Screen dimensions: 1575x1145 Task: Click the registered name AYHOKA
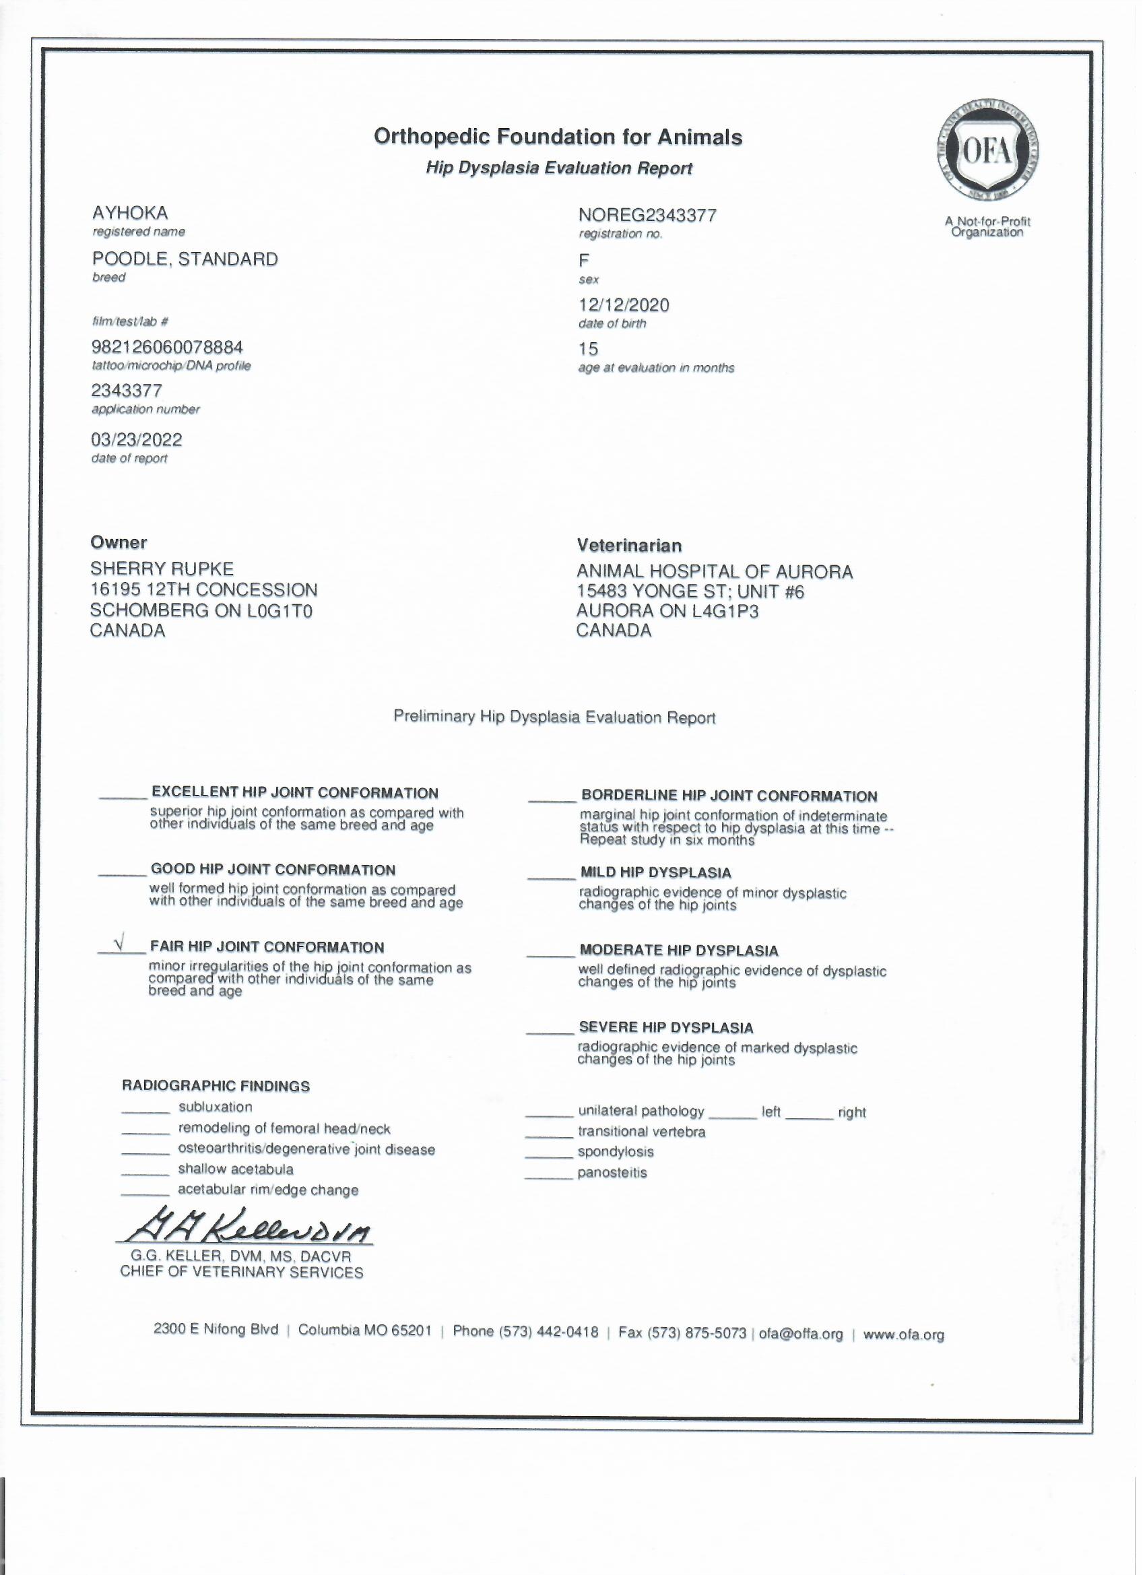pyautogui.click(x=130, y=212)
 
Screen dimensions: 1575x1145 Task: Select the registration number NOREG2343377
pyautogui.click(x=647, y=216)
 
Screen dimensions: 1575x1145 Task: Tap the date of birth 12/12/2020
pyautogui.click(x=624, y=305)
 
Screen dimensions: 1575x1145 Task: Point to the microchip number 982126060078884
pyautogui.click(x=167, y=347)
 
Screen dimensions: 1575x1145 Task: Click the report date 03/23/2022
pyautogui.click(x=137, y=440)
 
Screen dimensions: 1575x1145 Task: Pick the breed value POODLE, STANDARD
pyautogui.click(x=185, y=259)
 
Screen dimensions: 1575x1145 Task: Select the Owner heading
pyautogui.click(x=119, y=542)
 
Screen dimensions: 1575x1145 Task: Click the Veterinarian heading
pyautogui.click(x=629, y=546)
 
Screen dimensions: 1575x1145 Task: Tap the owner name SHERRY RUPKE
pyautogui.click(x=162, y=569)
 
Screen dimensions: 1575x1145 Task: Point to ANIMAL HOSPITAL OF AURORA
pyautogui.click(x=715, y=572)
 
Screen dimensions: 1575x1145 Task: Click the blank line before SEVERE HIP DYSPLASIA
pyautogui.click(x=549, y=1032)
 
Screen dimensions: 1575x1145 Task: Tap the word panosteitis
pyautogui.click(x=612, y=1173)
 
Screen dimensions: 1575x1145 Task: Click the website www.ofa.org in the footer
pyautogui.click(x=903, y=1335)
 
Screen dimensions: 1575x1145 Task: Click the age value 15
pyautogui.click(x=588, y=348)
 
